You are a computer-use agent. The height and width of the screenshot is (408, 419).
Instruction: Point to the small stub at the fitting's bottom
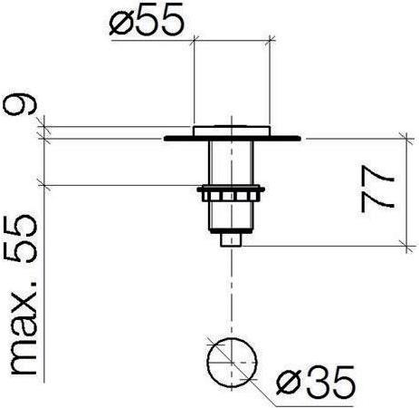point(233,239)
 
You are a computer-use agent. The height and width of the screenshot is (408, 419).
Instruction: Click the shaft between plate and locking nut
point(232,163)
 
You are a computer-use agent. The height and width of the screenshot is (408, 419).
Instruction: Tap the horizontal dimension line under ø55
point(232,40)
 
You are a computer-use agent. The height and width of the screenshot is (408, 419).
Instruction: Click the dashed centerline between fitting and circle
point(233,290)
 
